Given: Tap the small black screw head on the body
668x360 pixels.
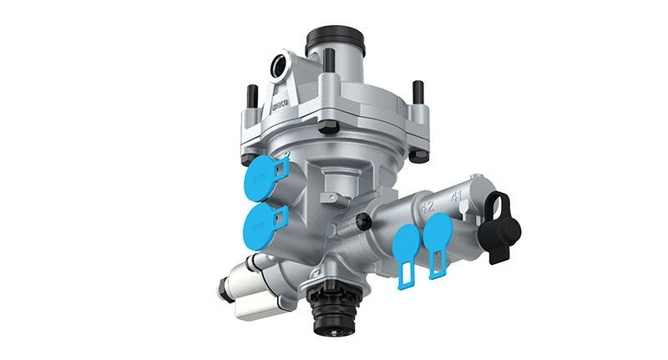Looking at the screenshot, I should (362, 220).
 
